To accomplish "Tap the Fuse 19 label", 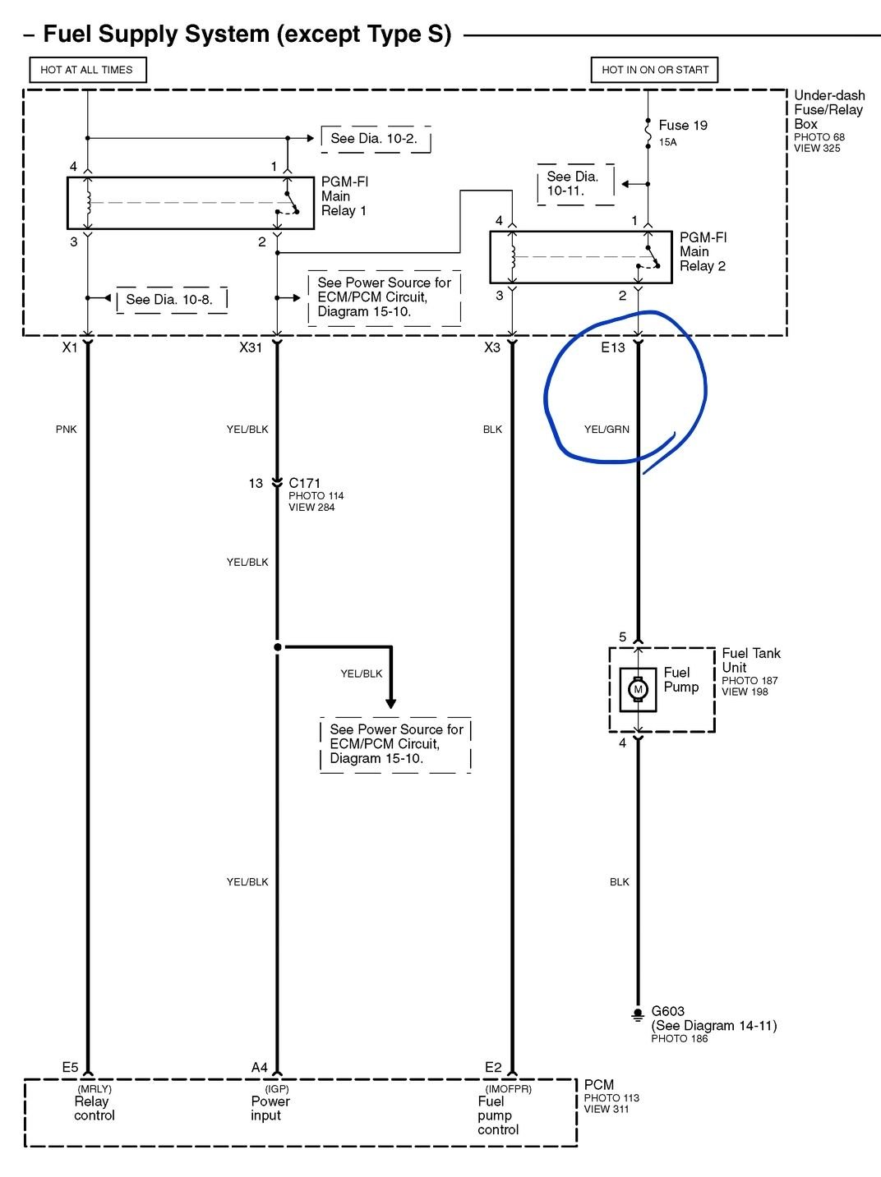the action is coord(682,125).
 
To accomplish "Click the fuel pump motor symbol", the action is coord(638,689).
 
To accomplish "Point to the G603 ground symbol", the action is coord(638,1014).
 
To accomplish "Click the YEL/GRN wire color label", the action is coord(607,429).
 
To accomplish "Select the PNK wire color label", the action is coord(66,429).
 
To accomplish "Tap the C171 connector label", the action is coord(304,483).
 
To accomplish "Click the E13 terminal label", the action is coord(613,347).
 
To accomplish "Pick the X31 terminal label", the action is coord(251,347).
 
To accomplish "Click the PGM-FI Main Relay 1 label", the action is coord(344,196).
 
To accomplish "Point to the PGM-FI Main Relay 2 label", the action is coord(703,251).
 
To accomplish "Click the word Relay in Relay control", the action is coord(91,1101).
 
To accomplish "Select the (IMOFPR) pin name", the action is coord(508,1088).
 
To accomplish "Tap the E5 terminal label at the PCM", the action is coord(70,1067).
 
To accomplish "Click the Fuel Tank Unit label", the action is coord(750,660).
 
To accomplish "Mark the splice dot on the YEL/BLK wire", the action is coord(278,647).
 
